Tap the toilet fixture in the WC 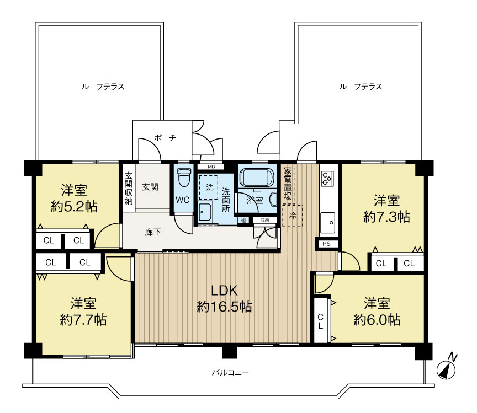[183, 177]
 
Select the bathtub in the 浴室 [257, 177]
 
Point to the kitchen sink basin [327, 223]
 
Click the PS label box [326, 244]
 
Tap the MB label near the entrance [211, 167]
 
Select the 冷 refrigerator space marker [293, 216]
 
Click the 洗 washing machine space [208, 187]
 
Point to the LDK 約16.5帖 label [225, 298]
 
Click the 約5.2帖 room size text [74, 207]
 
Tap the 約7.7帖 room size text [83, 320]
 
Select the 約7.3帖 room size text [386, 217]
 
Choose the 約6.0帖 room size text [377, 319]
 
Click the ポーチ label [165, 138]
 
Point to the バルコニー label [230, 372]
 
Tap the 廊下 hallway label [153, 232]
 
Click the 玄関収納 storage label [129, 189]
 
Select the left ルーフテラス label [103, 87]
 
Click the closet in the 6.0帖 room [321, 321]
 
